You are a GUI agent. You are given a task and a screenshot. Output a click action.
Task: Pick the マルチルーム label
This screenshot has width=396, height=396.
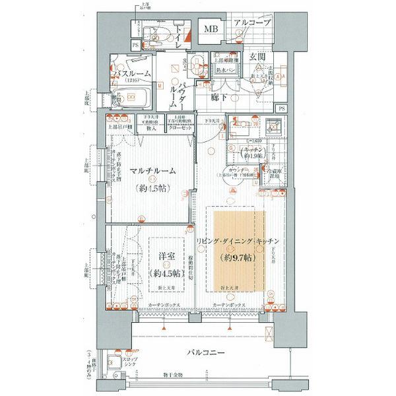click(x=152, y=170)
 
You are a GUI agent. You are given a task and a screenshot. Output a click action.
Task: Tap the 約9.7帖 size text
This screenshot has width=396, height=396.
click(x=236, y=256)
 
